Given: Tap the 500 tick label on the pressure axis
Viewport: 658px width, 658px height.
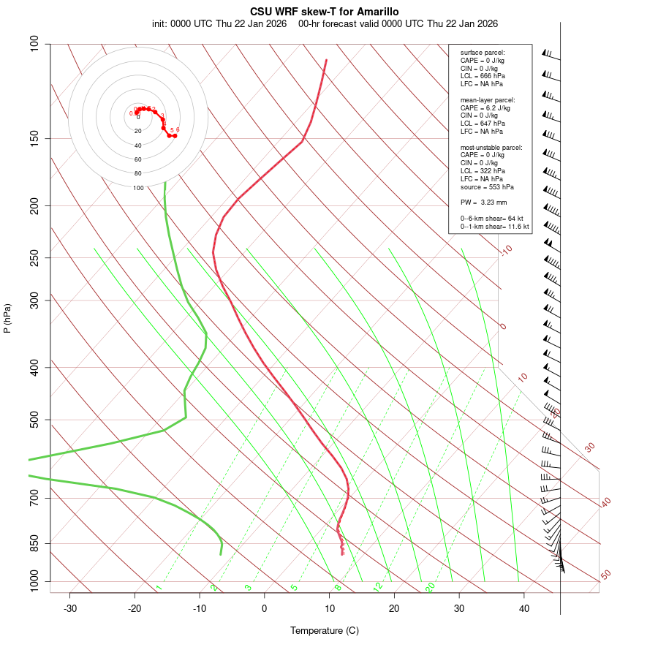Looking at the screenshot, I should pyautogui.click(x=34, y=420).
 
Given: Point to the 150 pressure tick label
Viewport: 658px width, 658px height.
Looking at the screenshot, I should pyautogui.click(x=34, y=138).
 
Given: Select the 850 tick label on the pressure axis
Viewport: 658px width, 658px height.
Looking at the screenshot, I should pyautogui.click(x=34, y=543).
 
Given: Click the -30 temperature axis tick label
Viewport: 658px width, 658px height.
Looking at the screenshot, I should pyautogui.click(x=70, y=608).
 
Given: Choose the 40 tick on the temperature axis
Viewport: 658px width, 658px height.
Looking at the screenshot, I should pyautogui.click(x=524, y=608).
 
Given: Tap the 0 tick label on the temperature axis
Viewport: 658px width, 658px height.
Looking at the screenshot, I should pyautogui.click(x=265, y=608).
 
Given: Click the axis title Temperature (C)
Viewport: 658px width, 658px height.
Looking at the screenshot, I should pyautogui.click(x=325, y=630).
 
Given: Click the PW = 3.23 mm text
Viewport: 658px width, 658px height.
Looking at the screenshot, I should pyautogui.click(x=483, y=203).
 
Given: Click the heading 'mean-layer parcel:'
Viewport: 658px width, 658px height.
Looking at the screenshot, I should pyautogui.click(x=488, y=99).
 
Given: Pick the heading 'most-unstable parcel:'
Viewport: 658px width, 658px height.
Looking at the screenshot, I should pyautogui.click(x=491, y=148).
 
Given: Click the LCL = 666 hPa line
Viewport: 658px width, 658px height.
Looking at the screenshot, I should pyautogui.click(x=483, y=76).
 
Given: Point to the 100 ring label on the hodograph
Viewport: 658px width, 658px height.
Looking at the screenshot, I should pyautogui.click(x=138, y=188).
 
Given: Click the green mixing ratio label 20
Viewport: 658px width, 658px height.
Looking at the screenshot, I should pyautogui.click(x=431, y=587).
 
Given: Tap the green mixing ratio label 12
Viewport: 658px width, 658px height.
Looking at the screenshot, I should pyautogui.click(x=378, y=587).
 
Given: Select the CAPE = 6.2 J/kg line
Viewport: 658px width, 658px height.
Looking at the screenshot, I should pyautogui.click(x=485, y=107).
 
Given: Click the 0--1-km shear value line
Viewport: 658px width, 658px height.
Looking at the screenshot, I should pyautogui.click(x=495, y=227).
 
